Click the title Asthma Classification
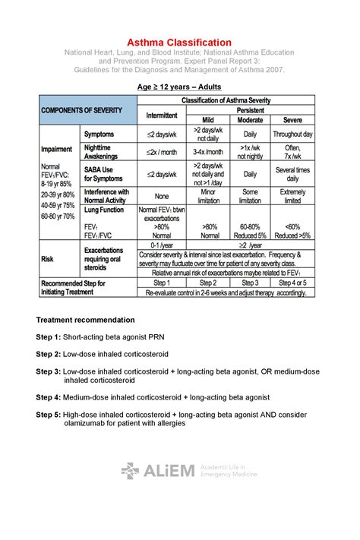click(179, 43)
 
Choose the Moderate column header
click(250, 120)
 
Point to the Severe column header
click(292, 120)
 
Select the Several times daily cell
click(292, 174)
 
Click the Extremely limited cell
click(292, 196)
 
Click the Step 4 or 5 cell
click(292, 283)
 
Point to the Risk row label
click(47, 258)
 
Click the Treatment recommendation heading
click(85, 320)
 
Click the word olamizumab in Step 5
click(88, 423)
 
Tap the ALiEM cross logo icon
click(130, 471)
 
